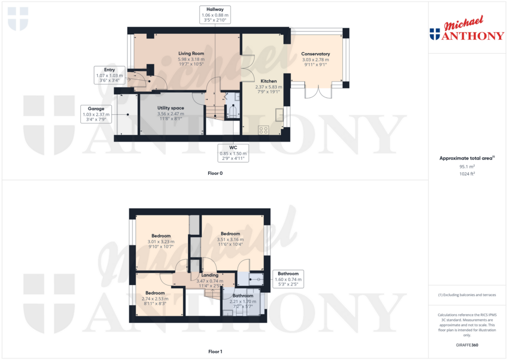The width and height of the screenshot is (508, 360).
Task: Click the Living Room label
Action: [x=191, y=54]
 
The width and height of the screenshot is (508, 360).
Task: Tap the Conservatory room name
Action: [x=316, y=54]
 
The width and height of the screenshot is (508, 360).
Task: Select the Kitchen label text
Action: [x=268, y=81]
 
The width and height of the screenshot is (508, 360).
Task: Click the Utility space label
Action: [x=171, y=108]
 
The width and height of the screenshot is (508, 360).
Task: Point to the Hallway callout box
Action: [x=215, y=14]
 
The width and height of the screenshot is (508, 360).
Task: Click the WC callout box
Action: [x=233, y=153]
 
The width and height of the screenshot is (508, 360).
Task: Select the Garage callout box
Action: [x=96, y=114]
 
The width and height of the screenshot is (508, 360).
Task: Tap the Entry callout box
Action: [x=110, y=75]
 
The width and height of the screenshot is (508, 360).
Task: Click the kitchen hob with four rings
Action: [x=263, y=130]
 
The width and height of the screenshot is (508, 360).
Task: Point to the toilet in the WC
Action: [x=233, y=111]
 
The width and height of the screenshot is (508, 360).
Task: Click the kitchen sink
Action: [x=279, y=115]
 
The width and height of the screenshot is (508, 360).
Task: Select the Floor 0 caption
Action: [x=215, y=173]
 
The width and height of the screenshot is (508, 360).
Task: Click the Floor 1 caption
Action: [x=215, y=352]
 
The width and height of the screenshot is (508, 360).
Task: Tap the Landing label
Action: [x=210, y=275]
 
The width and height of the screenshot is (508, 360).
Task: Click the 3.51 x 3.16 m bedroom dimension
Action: [x=230, y=240]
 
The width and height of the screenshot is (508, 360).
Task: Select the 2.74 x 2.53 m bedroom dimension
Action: [x=155, y=299]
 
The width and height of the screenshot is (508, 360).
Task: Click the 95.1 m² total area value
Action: [x=467, y=166]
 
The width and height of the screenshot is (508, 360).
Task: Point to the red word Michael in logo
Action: [x=464, y=23]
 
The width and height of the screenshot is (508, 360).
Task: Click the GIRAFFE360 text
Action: [x=467, y=345]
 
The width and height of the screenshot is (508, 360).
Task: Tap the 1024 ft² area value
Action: [x=467, y=174]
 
